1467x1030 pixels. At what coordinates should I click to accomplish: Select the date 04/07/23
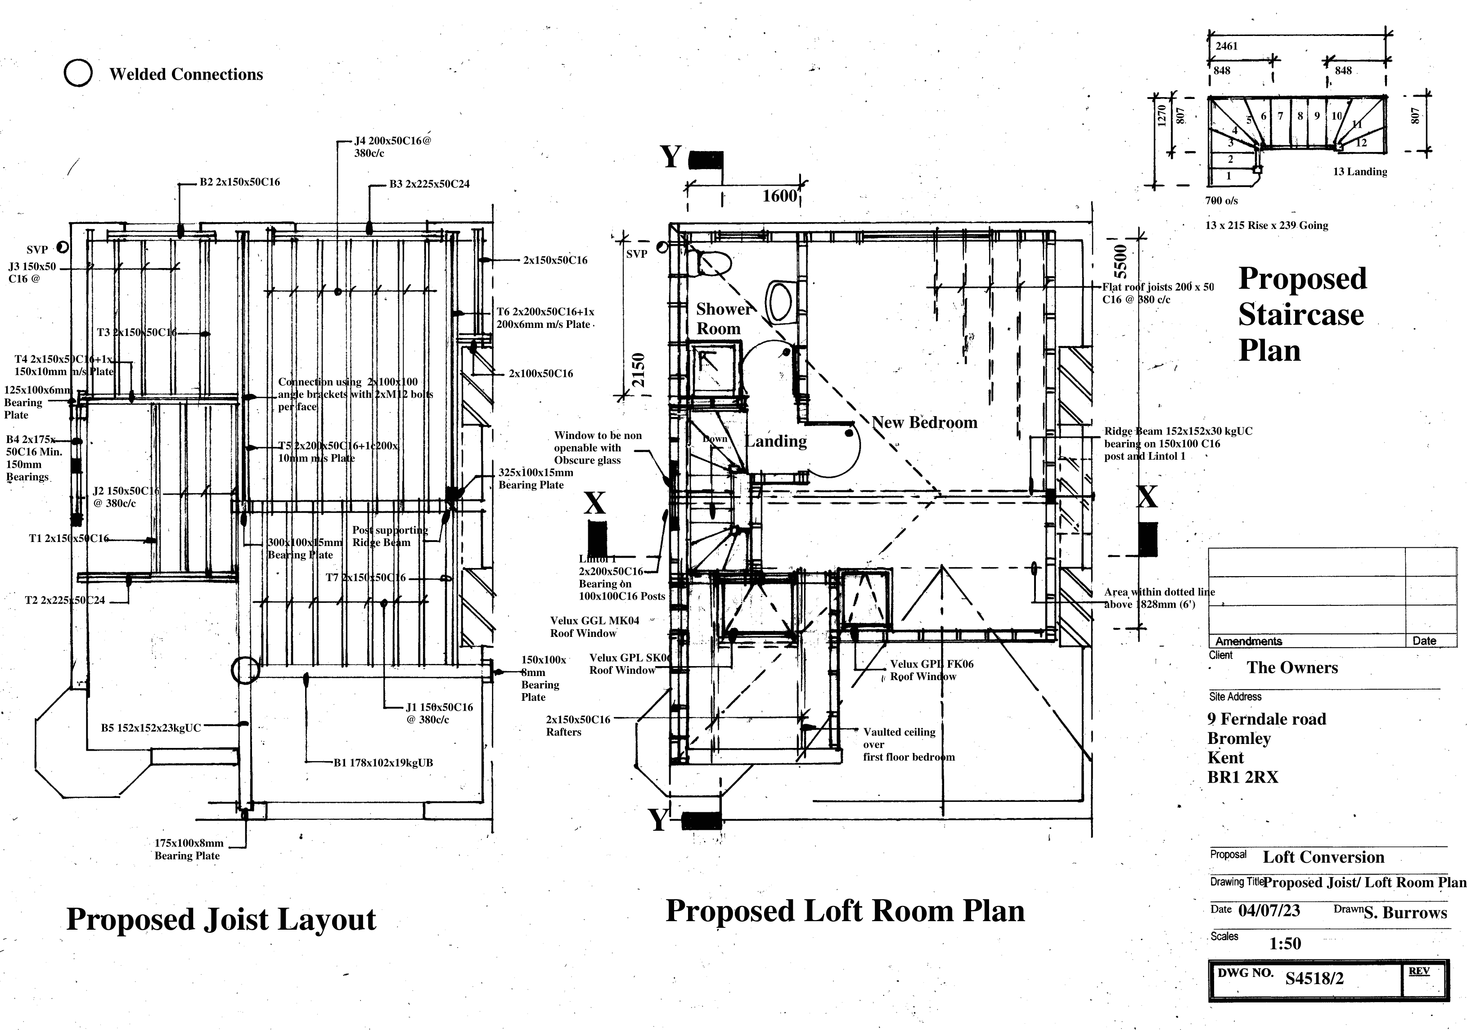coord(1268,910)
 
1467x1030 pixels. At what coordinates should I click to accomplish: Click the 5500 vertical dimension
coord(1120,259)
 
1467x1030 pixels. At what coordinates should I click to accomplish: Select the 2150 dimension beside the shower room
coord(638,370)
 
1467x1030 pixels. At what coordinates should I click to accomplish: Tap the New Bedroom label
coord(924,422)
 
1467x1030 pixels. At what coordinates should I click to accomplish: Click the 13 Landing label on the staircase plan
coord(1359,172)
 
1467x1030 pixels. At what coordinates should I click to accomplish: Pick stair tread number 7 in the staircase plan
coord(1280,116)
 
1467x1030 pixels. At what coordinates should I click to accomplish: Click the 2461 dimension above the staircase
coord(1226,46)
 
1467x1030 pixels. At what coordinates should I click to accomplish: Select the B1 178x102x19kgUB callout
coord(382,762)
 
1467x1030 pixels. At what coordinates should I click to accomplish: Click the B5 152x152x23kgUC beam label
coord(151,727)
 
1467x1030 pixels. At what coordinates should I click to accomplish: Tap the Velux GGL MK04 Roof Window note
coord(594,627)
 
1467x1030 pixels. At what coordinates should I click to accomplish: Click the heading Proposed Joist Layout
coord(221,919)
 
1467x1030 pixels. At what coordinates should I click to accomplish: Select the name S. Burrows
coord(1405,913)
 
